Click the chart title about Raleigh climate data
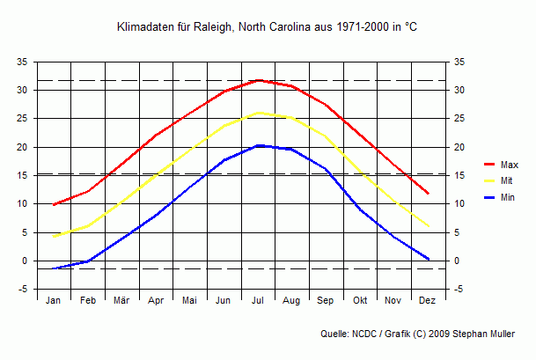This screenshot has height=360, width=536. coord(268,28)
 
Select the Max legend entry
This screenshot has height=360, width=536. coord(509,165)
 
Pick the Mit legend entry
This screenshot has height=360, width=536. coord(506,180)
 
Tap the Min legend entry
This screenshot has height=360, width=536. coord(507,197)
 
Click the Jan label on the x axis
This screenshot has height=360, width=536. coord(54,301)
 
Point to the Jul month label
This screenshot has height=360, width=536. coord(258,301)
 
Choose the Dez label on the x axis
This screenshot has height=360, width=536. coord(428,301)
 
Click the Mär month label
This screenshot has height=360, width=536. coord(121,301)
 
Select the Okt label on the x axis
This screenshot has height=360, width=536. coord(360,301)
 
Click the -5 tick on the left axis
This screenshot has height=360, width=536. coord(24,290)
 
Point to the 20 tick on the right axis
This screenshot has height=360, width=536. coord(459,148)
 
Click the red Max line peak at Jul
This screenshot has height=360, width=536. coord(258,80)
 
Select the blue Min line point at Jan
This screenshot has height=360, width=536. coord(54,268)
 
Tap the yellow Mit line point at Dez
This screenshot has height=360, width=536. coord(428,226)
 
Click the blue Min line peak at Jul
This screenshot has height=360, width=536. coord(258,145)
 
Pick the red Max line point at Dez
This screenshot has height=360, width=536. coord(428,194)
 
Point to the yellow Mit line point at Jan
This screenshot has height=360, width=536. coord(54,236)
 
